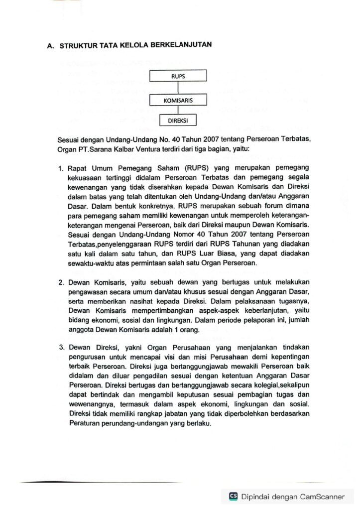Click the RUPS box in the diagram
click(178, 76)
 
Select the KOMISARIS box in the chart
click(178, 101)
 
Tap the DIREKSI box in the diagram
click(178, 121)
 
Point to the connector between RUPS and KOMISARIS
click(178, 88)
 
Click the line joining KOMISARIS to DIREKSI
click(178, 111)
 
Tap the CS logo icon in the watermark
click(233, 496)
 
